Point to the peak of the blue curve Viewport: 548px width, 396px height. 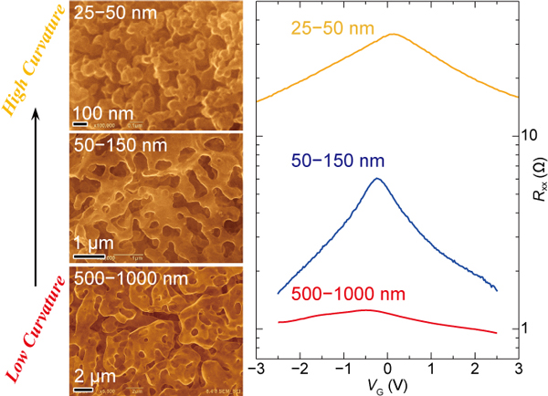(x=377, y=178)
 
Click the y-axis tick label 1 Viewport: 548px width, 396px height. (x=526, y=328)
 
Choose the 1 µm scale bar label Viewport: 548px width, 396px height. (x=96, y=244)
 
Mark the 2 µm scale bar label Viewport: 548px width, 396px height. (x=96, y=373)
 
